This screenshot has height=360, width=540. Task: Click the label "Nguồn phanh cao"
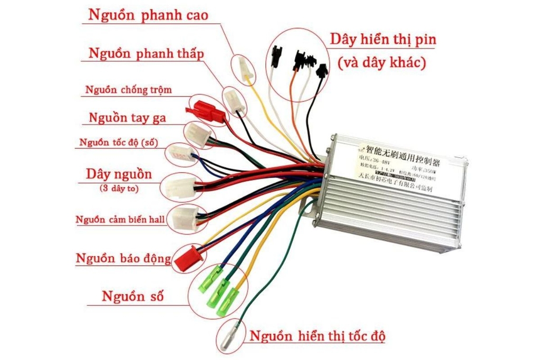pyautogui.click(x=148, y=15)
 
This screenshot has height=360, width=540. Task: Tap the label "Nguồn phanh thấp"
pyautogui.click(x=146, y=54)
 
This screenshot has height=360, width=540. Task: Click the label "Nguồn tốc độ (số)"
pyautogui.click(x=119, y=142)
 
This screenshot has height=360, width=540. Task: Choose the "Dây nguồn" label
pyautogui.click(x=119, y=174)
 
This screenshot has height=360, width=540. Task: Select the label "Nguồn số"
pyautogui.click(x=132, y=296)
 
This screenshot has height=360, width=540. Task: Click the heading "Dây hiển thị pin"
pyautogui.click(x=383, y=40)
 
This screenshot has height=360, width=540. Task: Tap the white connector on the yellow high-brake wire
pyautogui.click(x=244, y=69)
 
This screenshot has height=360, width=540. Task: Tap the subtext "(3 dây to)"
pyautogui.click(x=119, y=188)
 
